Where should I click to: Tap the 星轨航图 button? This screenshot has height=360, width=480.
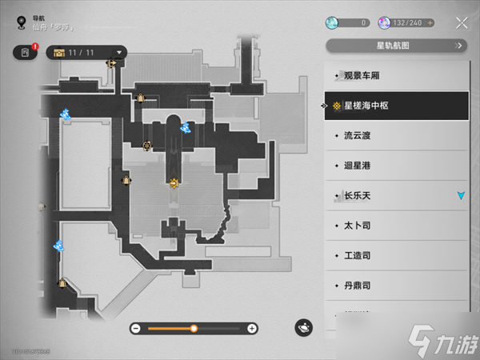397,46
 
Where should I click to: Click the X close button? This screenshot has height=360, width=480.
461,22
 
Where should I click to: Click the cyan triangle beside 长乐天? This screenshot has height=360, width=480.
460,195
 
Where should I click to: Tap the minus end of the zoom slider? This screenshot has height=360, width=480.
136,328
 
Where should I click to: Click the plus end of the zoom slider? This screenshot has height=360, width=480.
252,328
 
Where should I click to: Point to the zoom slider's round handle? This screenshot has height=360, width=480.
194,328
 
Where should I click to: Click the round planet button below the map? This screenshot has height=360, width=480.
303,327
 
